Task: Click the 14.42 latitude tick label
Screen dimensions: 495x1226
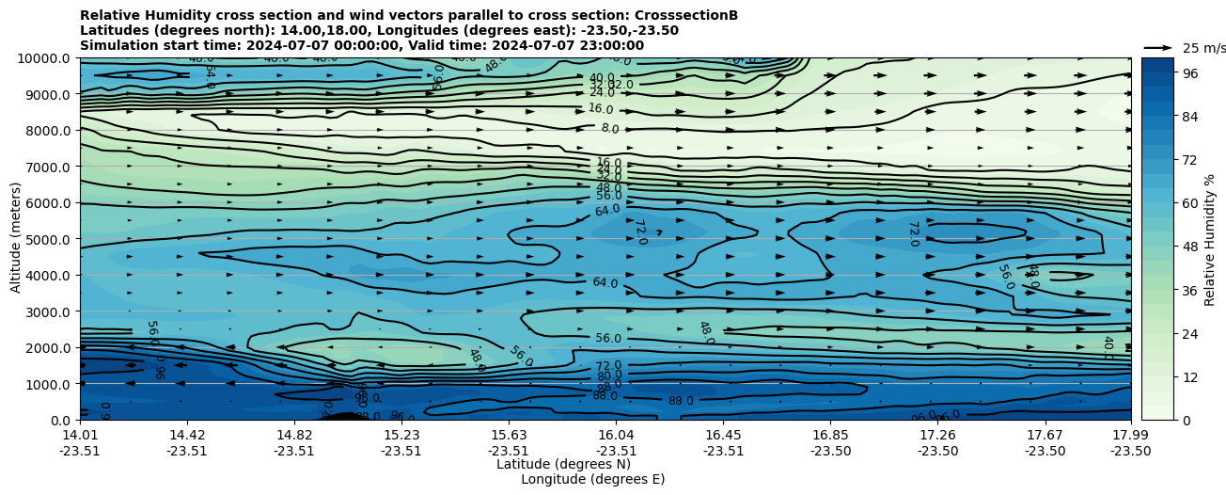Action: pos(187,435)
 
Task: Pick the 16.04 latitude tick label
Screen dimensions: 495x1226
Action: pos(616,435)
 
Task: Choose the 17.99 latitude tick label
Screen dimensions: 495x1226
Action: pos(1130,435)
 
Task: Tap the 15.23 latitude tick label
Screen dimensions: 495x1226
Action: pos(401,435)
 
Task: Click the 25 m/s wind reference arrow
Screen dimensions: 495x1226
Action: pos(1158,47)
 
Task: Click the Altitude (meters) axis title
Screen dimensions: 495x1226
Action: pos(16,239)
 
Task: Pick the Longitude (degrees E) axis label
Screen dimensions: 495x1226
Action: pos(592,479)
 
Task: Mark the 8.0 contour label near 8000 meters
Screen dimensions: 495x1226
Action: pos(610,129)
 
